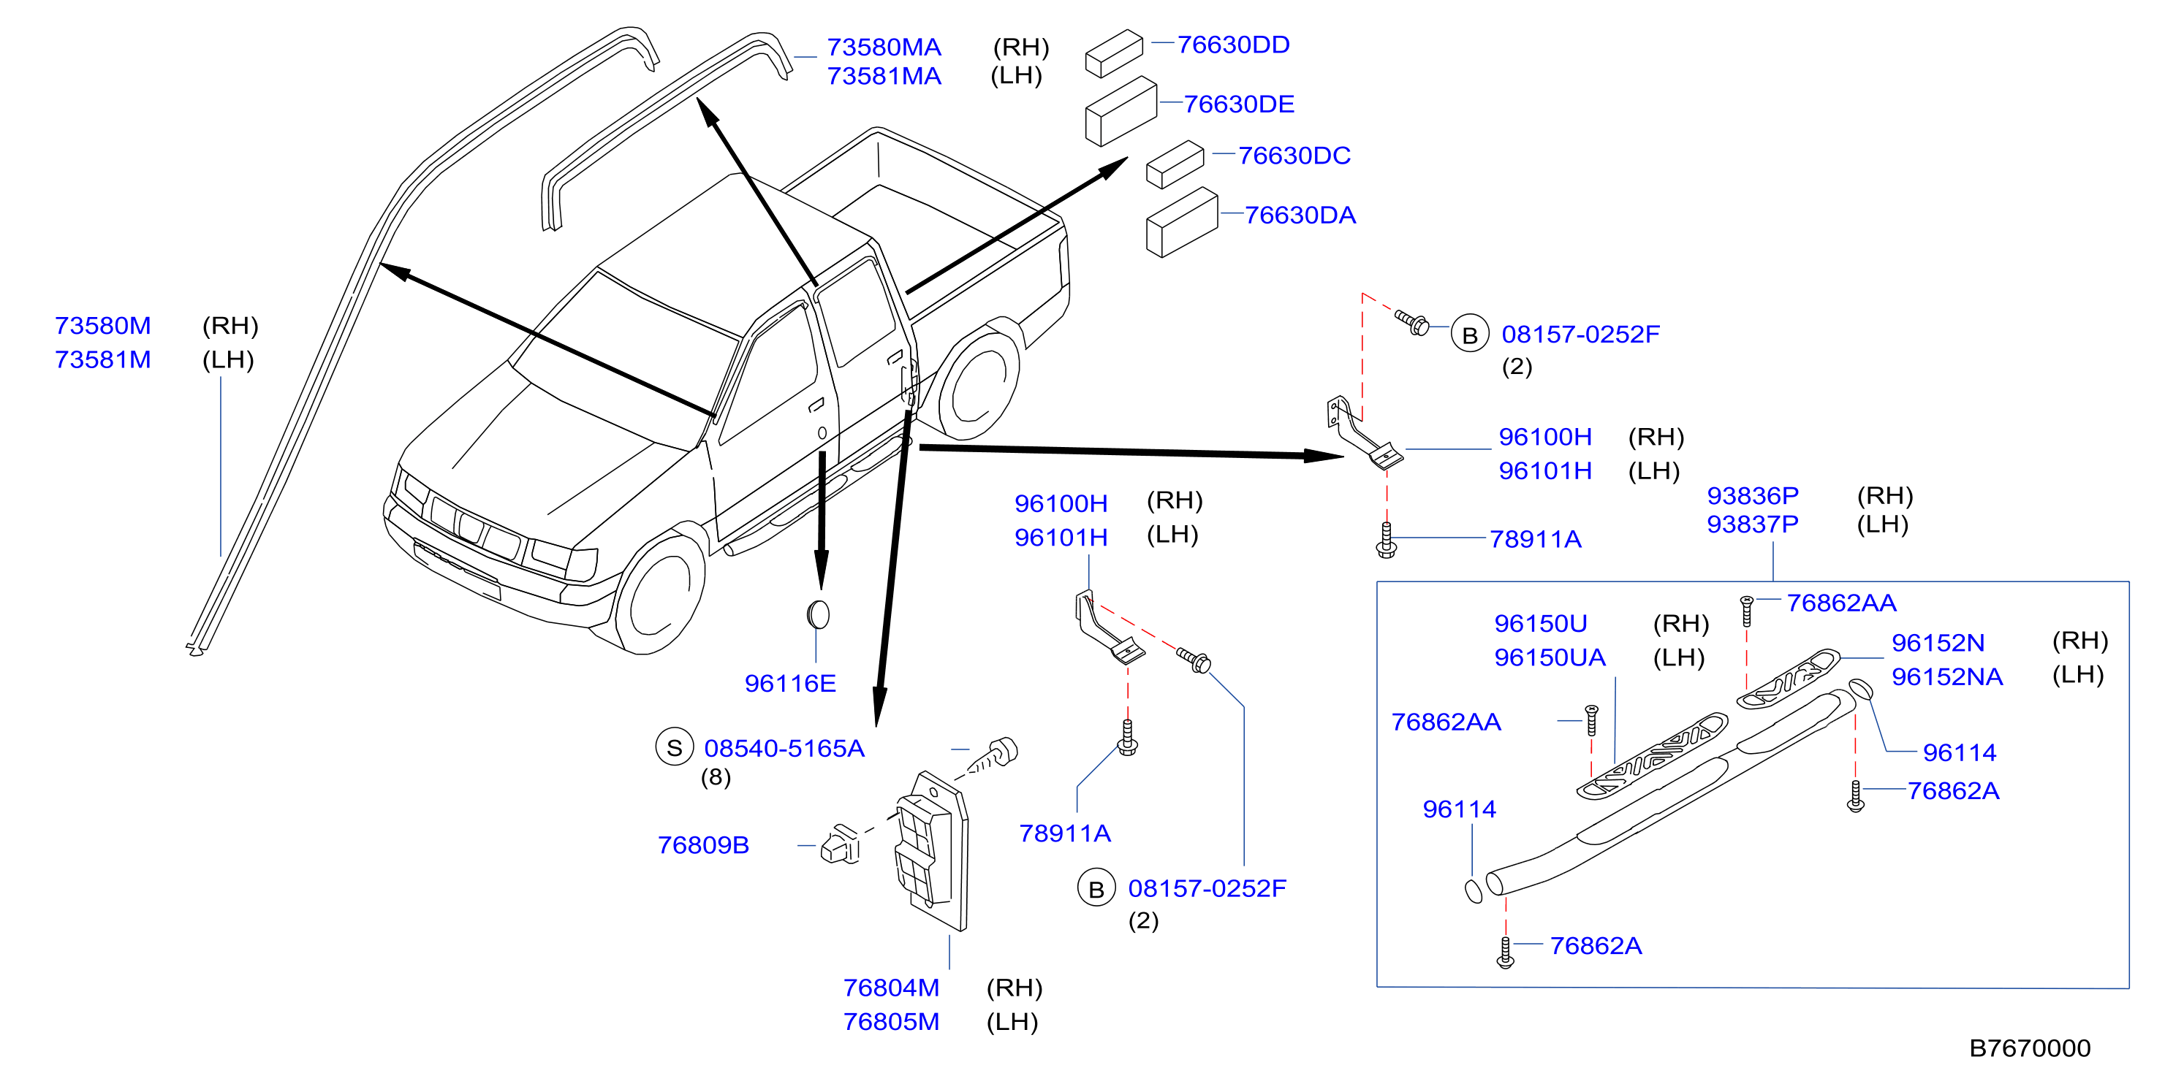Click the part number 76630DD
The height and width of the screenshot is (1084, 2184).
(x=1233, y=45)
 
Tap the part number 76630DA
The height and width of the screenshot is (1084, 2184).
(x=1300, y=215)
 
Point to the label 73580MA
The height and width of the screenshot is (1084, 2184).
(x=884, y=47)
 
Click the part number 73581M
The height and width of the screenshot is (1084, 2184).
(x=102, y=359)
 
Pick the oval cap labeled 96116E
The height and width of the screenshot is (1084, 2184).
(x=818, y=614)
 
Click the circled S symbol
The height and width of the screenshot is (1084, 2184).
(x=674, y=747)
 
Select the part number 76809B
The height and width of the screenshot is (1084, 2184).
(x=703, y=845)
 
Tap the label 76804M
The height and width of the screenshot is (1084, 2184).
(x=890, y=988)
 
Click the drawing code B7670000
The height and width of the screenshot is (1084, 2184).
(x=2029, y=1048)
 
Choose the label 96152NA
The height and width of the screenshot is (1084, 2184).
(x=1946, y=676)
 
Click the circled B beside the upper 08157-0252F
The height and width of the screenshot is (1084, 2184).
(x=1469, y=335)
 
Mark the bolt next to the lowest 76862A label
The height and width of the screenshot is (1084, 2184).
(x=1505, y=951)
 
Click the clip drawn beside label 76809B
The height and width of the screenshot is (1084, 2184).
(x=840, y=844)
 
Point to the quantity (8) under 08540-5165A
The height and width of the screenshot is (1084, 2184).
(x=716, y=777)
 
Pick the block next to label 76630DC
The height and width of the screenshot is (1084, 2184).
(x=1175, y=164)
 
